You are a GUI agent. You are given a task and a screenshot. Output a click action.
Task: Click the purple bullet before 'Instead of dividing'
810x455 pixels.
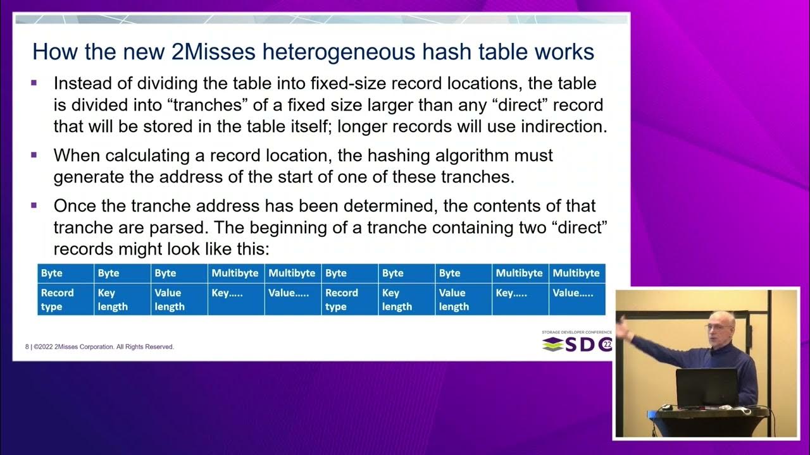point(34,83)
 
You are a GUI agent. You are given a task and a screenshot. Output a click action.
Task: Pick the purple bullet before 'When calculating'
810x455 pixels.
point(34,155)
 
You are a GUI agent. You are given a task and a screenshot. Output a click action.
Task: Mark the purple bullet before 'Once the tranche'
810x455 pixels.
point(34,205)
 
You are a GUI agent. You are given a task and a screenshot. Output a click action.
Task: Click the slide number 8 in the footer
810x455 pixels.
point(27,346)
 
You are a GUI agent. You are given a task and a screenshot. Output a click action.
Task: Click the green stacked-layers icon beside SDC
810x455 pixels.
point(552,344)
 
